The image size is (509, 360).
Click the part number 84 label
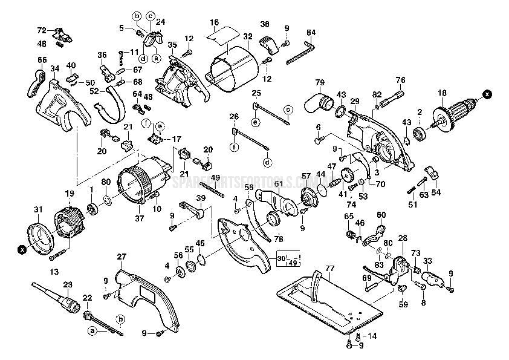311,32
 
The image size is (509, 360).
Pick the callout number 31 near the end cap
38,210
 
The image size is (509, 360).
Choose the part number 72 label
42,30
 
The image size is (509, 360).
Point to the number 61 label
277,184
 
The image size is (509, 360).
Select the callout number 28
402,238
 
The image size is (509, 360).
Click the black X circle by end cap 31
22,248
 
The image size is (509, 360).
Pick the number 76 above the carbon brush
400,79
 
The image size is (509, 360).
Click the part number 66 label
42,59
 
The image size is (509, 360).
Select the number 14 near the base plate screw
371,335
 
